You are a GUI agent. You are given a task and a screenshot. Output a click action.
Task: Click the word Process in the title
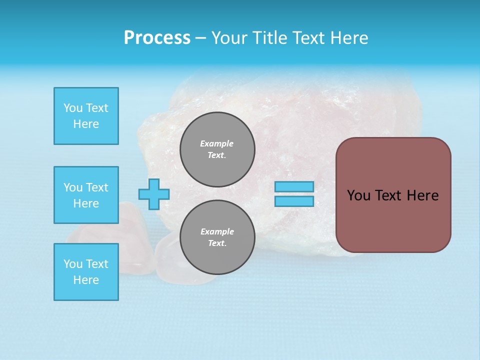157,38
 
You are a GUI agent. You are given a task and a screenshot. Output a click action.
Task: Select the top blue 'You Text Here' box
86,116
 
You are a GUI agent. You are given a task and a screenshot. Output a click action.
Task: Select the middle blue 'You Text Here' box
86,195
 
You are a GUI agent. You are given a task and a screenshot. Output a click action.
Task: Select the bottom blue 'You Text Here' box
86,272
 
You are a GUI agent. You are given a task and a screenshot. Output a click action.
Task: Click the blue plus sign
154,194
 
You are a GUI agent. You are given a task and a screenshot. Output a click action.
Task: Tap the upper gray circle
217,149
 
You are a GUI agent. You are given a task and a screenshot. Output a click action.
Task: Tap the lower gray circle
217,237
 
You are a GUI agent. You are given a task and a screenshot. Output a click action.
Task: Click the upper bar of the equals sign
294,186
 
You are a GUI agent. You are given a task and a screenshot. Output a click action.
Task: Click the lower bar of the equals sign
294,201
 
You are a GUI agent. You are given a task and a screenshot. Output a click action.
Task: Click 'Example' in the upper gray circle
217,143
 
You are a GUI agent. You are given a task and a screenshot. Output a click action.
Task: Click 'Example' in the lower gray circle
217,231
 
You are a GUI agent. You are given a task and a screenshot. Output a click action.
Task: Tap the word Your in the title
228,38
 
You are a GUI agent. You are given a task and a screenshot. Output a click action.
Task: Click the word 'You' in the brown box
358,195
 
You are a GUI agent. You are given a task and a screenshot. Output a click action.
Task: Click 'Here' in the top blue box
86,124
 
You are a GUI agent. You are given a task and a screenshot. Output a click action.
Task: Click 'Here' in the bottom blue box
86,280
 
